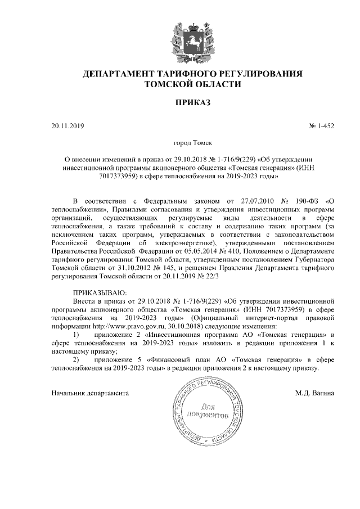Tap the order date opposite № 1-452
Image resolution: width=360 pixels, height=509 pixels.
[x=67, y=126]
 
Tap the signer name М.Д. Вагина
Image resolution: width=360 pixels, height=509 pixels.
[x=314, y=393]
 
